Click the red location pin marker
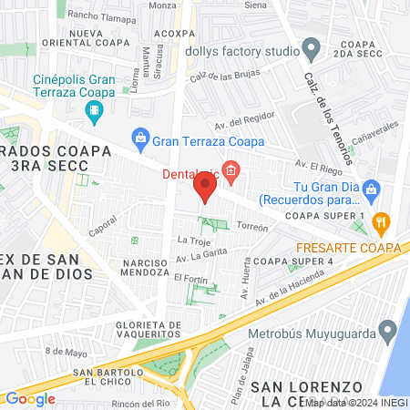[205, 190]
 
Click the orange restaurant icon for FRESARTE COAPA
[382, 220]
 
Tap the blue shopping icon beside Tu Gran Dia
[371, 190]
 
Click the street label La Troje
[193, 241]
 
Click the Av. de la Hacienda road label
[290, 289]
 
